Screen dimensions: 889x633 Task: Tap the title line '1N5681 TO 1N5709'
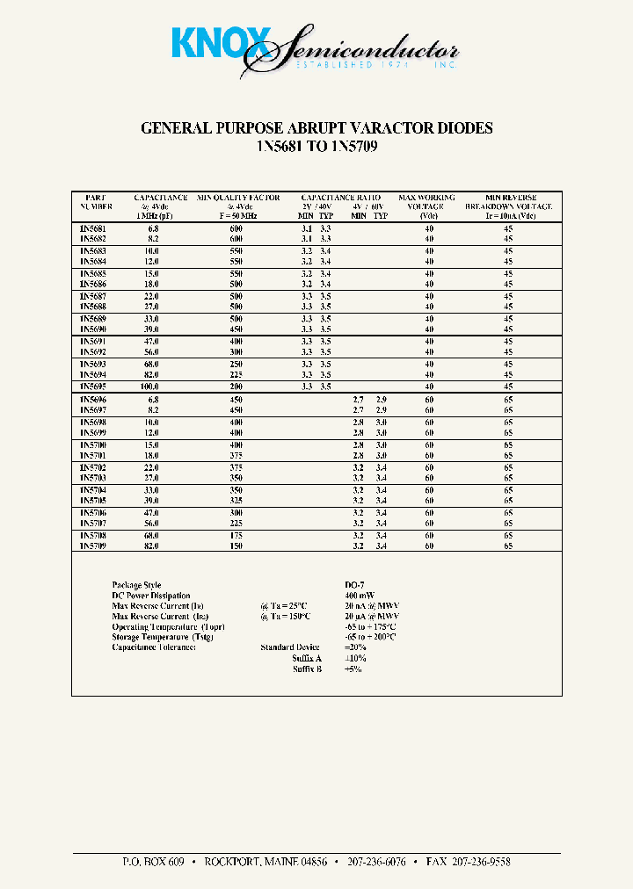pyautogui.click(x=316, y=148)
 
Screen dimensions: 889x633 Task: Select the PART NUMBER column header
pyautogui.click(x=96, y=203)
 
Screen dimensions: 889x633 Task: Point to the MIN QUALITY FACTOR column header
pyautogui.click(x=238, y=203)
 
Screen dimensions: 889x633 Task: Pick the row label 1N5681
pyautogui.click(x=92, y=228)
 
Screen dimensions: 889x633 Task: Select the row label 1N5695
pyautogui.click(x=92, y=386)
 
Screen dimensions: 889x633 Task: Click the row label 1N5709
pyautogui.click(x=92, y=546)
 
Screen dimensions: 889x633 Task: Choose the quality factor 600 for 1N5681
pyautogui.click(x=236, y=228)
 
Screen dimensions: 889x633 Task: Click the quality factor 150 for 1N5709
pyautogui.click(x=236, y=546)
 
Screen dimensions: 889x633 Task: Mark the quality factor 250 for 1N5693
pyautogui.click(x=236, y=364)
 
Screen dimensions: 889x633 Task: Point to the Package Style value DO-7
pyautogui.click(x=355, y=585)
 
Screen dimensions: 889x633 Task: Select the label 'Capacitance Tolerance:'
pyautogui.click(x=154, y=647)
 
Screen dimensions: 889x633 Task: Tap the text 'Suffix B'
pyautogui.click(x=307, y=669)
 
